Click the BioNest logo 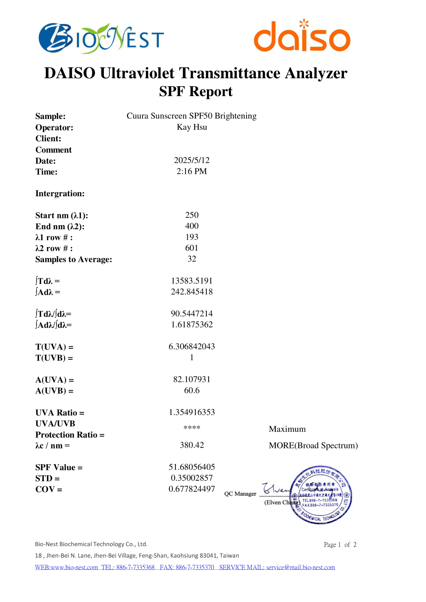click(101, 38)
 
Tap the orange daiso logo click(302, 36)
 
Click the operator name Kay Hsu click(192, 127)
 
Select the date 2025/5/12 click(192, 160)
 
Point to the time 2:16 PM click(192, 171)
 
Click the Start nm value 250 click(192, 215)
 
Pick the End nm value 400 click(192, 226)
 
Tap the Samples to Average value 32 click(192, 259)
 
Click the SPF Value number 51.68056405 click(192, 467)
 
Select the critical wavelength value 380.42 click(192, 445)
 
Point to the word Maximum click(287, 429)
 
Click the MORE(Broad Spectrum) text click(313, 445)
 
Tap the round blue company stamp click(321, 495)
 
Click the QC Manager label click(240, 494)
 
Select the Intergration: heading click(60, 193)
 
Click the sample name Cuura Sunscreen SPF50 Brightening click(191, 116)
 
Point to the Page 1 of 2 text click(340, 545)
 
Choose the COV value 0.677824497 click(192, 489)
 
